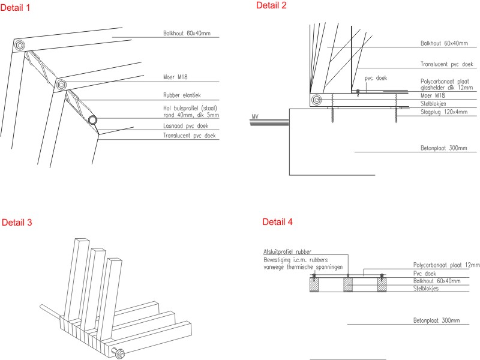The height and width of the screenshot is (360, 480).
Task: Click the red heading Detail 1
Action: coord(16,8)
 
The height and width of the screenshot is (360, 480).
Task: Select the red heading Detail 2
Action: coord(271,5)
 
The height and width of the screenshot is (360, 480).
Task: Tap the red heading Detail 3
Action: coord(17,222)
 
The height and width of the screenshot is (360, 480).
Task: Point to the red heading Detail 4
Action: coord(277,221)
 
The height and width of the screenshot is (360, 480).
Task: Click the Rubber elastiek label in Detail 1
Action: coord(182,95)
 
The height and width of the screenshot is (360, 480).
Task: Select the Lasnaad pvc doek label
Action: coord(185,126)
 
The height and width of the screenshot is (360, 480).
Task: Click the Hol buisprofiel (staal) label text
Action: coord(190,108)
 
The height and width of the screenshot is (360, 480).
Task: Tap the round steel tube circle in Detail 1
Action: coord(93,119)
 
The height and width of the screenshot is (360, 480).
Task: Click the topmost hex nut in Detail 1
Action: coord(20,46)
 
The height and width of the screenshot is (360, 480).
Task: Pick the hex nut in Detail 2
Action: coord(317,100)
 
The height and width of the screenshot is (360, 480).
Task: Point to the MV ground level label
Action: coord(255,116)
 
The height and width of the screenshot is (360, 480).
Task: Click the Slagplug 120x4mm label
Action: coord(444,112)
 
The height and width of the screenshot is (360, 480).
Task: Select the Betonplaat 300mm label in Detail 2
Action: coord(443,148)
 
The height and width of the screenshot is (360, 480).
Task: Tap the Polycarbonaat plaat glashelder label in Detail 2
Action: coord(446,85)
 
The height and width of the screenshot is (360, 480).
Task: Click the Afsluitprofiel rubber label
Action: coord(287,251)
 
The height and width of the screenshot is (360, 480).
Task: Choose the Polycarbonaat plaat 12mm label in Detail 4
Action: coord(446,265)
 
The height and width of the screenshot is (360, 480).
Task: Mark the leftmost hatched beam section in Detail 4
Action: coord(314,284)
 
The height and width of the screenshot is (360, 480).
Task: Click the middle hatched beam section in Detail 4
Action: coord(348,284)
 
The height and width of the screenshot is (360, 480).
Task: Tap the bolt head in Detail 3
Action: coord(119,353)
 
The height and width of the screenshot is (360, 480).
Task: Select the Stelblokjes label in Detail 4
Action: coord(426,289)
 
